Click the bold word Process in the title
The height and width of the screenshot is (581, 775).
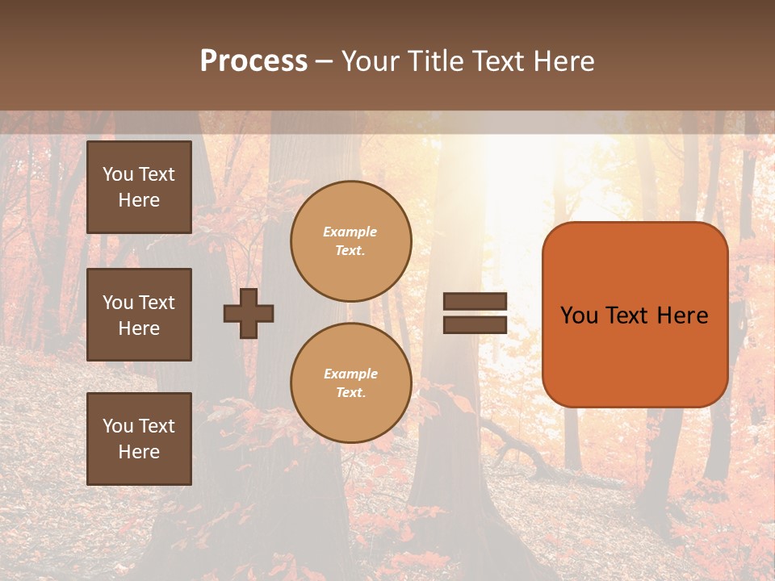253,61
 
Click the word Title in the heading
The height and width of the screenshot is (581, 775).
434,61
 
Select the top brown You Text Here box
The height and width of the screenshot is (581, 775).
139,187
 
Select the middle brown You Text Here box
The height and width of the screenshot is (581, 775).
139,315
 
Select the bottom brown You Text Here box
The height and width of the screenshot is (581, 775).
139,438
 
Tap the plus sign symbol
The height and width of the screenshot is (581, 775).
249,313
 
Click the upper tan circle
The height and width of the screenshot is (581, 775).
350,241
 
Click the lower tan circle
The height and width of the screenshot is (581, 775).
350,383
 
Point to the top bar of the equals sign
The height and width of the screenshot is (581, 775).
475,302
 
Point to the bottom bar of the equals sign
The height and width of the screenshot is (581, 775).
475,324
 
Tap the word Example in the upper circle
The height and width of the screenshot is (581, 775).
350,232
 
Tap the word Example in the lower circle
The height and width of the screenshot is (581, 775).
350,374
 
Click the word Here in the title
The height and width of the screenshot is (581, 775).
563,61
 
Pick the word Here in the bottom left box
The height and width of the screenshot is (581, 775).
139,452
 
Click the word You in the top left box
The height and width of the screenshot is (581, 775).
118,174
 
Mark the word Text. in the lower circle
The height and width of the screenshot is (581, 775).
350,392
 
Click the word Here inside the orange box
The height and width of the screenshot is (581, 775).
682,316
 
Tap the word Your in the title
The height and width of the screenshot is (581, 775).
369,61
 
